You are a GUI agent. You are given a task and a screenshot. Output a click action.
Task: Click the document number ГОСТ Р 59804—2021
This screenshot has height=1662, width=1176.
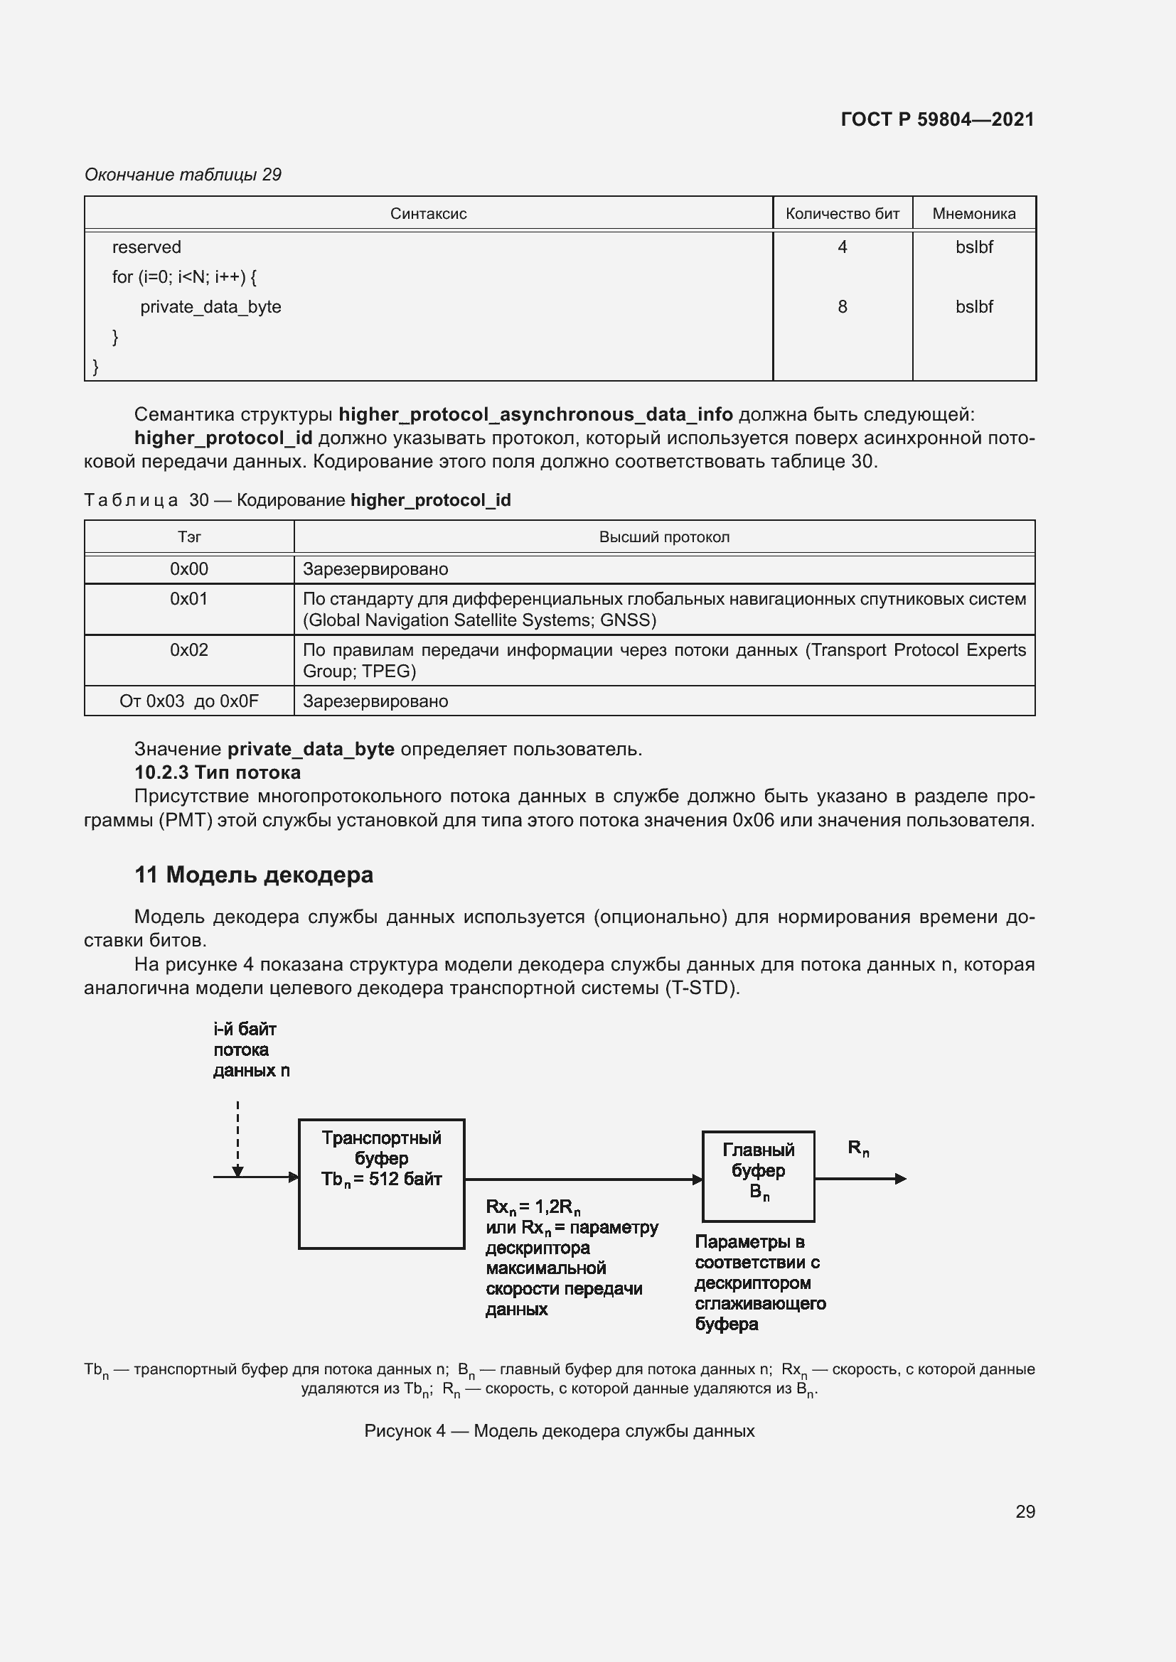(937, 119)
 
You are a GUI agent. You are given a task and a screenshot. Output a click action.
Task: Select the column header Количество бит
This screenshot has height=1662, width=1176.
(842, 214)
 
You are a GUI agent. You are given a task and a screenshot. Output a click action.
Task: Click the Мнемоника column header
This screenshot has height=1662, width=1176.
(973, 214)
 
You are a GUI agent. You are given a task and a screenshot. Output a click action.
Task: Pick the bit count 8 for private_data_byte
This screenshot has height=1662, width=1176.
(842, 307)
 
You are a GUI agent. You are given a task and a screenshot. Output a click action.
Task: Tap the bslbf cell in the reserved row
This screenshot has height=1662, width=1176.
(973, 247)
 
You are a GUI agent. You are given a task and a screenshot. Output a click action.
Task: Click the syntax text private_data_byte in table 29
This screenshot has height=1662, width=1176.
(210, 307)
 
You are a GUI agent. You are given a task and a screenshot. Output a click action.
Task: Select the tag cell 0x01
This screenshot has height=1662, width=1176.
(189, 600)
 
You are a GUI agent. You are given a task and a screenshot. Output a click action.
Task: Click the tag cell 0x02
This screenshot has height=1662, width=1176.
(189, 650)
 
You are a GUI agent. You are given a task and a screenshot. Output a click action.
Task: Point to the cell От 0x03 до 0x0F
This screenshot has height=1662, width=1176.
(189, 701)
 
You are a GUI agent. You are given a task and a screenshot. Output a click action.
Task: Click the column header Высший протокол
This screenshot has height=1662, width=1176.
(664, 537)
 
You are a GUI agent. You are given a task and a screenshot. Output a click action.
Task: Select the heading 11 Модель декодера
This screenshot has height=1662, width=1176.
(253, 875)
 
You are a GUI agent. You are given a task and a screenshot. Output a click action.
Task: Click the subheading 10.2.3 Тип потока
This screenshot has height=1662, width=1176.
(218, 772)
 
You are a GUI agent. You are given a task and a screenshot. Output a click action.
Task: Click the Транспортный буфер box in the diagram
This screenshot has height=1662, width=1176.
(382, 1184)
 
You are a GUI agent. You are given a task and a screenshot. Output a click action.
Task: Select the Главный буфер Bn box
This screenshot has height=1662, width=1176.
(758, 1176)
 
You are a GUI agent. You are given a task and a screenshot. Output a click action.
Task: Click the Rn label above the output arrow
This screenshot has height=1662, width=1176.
(858, 1148)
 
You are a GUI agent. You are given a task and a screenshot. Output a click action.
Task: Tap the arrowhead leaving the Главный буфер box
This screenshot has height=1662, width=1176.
(900, 1178)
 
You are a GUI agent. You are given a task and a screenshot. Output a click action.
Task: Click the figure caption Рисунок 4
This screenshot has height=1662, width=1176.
(559, 1431)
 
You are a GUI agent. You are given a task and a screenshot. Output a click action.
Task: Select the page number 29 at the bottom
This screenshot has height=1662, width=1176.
(1025, 1511)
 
